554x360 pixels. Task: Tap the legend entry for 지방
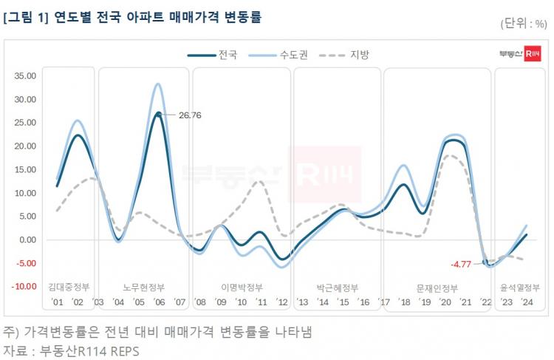359,55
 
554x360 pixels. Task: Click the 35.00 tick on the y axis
25,75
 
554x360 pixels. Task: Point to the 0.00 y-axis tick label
27,240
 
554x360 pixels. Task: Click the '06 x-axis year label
159,302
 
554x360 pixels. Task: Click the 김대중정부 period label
69,288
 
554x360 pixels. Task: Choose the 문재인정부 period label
437,288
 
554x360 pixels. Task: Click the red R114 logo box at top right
533,54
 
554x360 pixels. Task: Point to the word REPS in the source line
121,350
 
